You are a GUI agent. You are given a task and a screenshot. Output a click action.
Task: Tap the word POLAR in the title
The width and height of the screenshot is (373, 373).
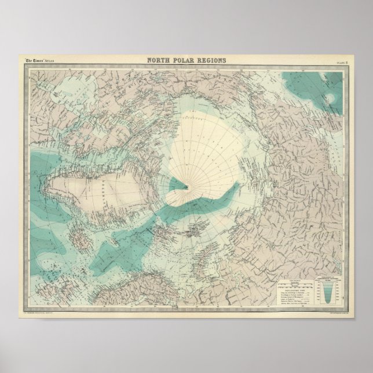[x=184, y=60]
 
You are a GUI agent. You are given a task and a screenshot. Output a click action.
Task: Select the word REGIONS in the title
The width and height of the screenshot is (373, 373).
[x=210, y=60]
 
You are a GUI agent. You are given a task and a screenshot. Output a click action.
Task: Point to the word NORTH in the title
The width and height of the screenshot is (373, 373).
[x=159, y=60]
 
